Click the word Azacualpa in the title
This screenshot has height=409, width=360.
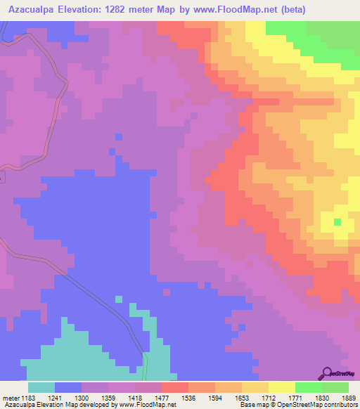tap(34, 10)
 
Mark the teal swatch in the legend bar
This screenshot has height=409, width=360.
tap(41, 387)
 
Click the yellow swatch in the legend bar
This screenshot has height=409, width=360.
tap(282, 387)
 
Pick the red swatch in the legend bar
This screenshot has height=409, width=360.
tap(175, 387)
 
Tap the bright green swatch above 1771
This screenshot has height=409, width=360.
tap(309, 387)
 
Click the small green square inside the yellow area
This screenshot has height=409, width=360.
tap(337, 222)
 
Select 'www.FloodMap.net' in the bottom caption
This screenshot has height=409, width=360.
tap(148, 404)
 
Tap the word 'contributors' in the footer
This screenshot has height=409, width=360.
tap(339, 404)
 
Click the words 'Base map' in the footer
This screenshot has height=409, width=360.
tap(250, 404)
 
